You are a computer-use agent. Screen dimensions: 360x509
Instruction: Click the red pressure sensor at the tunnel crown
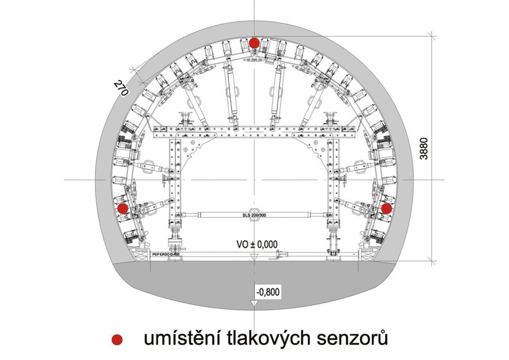click(x=254, y=43)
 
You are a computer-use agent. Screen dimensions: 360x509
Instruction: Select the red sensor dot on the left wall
click(x=122, y=208)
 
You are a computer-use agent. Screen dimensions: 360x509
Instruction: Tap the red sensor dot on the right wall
click(x=386, y=208)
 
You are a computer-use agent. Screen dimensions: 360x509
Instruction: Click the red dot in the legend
click(x=117, y=339)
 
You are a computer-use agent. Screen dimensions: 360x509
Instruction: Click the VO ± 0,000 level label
click(x=257, y=244)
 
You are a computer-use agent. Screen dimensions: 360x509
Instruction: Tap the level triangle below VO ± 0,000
click(x=254, y=257)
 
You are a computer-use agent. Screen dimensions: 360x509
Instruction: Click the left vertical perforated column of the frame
click(x=175, y=184)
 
